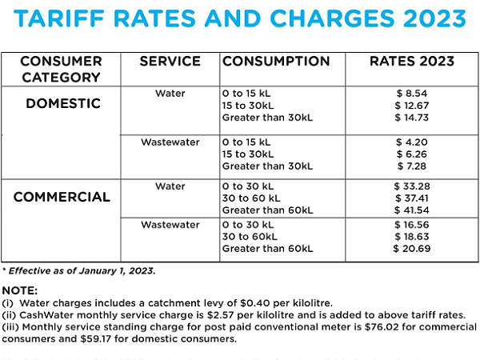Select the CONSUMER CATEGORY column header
(x=61, y=70)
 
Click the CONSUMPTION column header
(x=276, y=62)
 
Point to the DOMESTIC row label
(x=62, y=104)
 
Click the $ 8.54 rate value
(x=415, y=94)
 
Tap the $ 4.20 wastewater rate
(x=415, y=142)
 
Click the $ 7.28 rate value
(x=415, y=166)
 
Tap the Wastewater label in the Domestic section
(x=170, y=142)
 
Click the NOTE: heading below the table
(x=20, y=291)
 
